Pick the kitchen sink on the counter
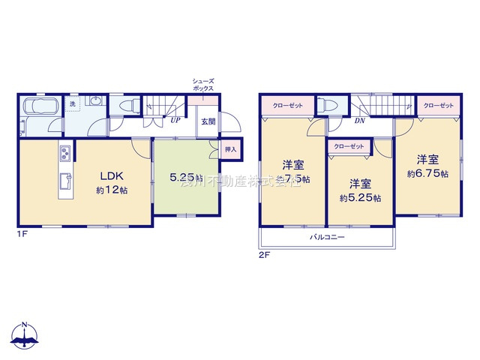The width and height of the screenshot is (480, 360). point(65,180)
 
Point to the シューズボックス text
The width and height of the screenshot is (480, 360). point(204,84)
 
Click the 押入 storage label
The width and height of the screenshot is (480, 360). point(230,150)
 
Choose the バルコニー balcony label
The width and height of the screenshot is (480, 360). point(327,237)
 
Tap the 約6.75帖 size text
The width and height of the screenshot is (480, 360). point(427,173)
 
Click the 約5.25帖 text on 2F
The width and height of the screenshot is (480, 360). point(361,198)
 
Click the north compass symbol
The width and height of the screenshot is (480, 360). point(25,336)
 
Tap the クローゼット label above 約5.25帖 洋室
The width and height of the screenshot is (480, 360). point(348,145)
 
